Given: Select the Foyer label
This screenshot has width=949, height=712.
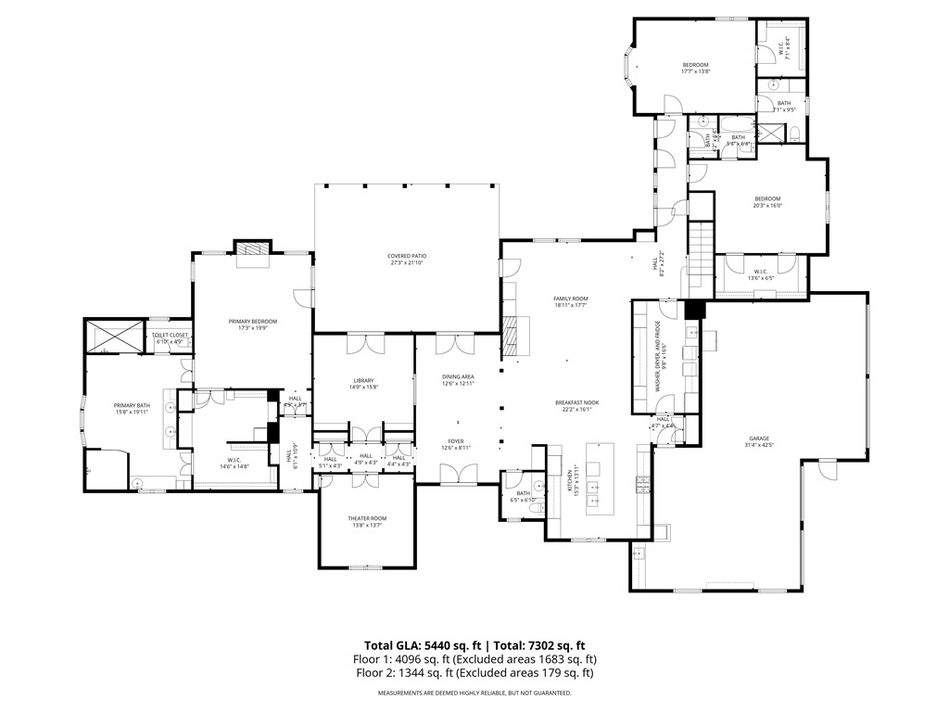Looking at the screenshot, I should point(456,444).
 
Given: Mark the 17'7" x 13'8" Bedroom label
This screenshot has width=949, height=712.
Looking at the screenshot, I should point(695,68).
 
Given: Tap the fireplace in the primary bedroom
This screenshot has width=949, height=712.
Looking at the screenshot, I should point(252,251).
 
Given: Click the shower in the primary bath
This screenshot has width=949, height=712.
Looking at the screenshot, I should point(114,336).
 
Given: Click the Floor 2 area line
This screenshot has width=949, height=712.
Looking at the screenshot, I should point(474,673).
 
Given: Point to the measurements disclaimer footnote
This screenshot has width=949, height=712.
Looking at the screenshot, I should point(474,693).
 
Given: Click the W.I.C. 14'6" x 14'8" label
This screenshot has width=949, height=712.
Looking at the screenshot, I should point(234,464).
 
